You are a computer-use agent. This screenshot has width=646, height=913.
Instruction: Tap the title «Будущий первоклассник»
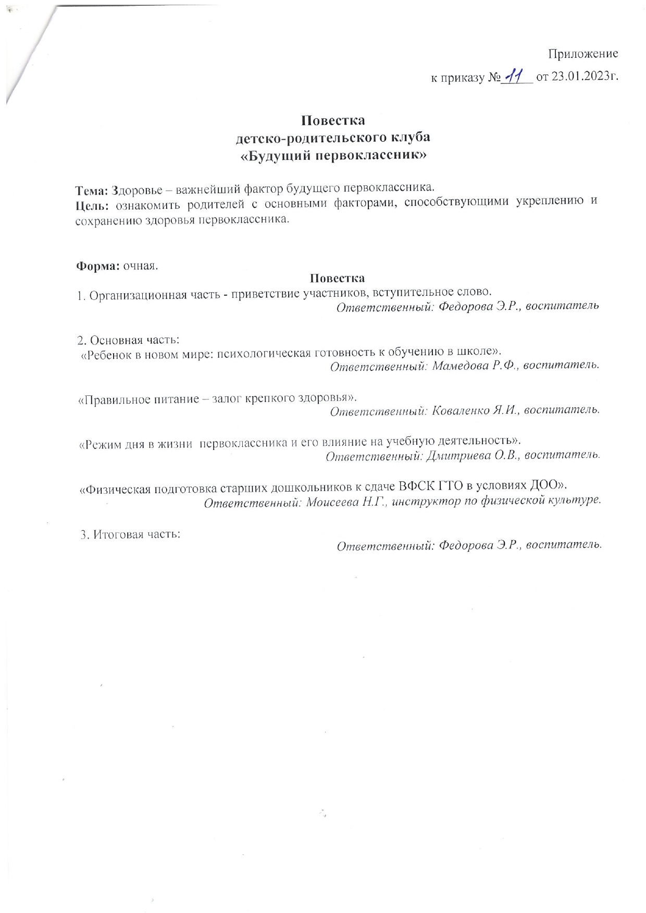pyautogui.click(x=333, y=156)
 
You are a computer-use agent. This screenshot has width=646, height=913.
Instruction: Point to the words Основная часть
pyautogui.click(x=135, y=340)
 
